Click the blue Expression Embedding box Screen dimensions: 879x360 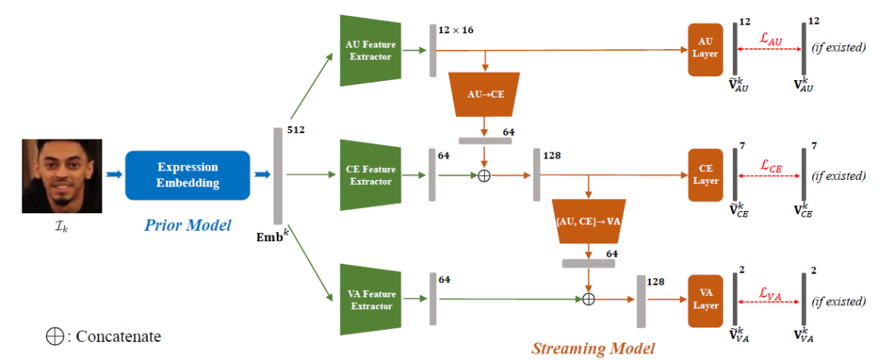tap(187, 175)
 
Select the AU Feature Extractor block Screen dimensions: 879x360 tap(370, 51)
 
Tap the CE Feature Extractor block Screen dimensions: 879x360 tap(370, 175)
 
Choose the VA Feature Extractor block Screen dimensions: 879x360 tap(370, 300)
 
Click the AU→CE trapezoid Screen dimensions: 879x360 tap(486, 94)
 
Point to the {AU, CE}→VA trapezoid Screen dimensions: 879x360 tap(588, 220)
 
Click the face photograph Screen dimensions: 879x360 tap(62, 176)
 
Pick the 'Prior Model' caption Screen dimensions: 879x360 tap(188, 226)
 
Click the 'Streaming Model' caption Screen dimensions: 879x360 tap(593, 348)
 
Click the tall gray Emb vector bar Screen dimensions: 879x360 tap(278, 176)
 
